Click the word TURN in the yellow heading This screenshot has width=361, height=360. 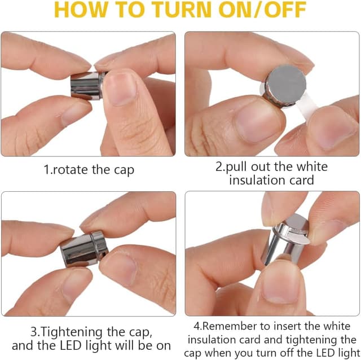pos(182,10)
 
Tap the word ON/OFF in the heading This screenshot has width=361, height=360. pos(262,10)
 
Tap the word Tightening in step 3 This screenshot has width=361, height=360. pos(71,332)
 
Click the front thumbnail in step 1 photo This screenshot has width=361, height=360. pos(119,88)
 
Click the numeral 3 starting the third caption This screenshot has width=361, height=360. pos(34,332)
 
